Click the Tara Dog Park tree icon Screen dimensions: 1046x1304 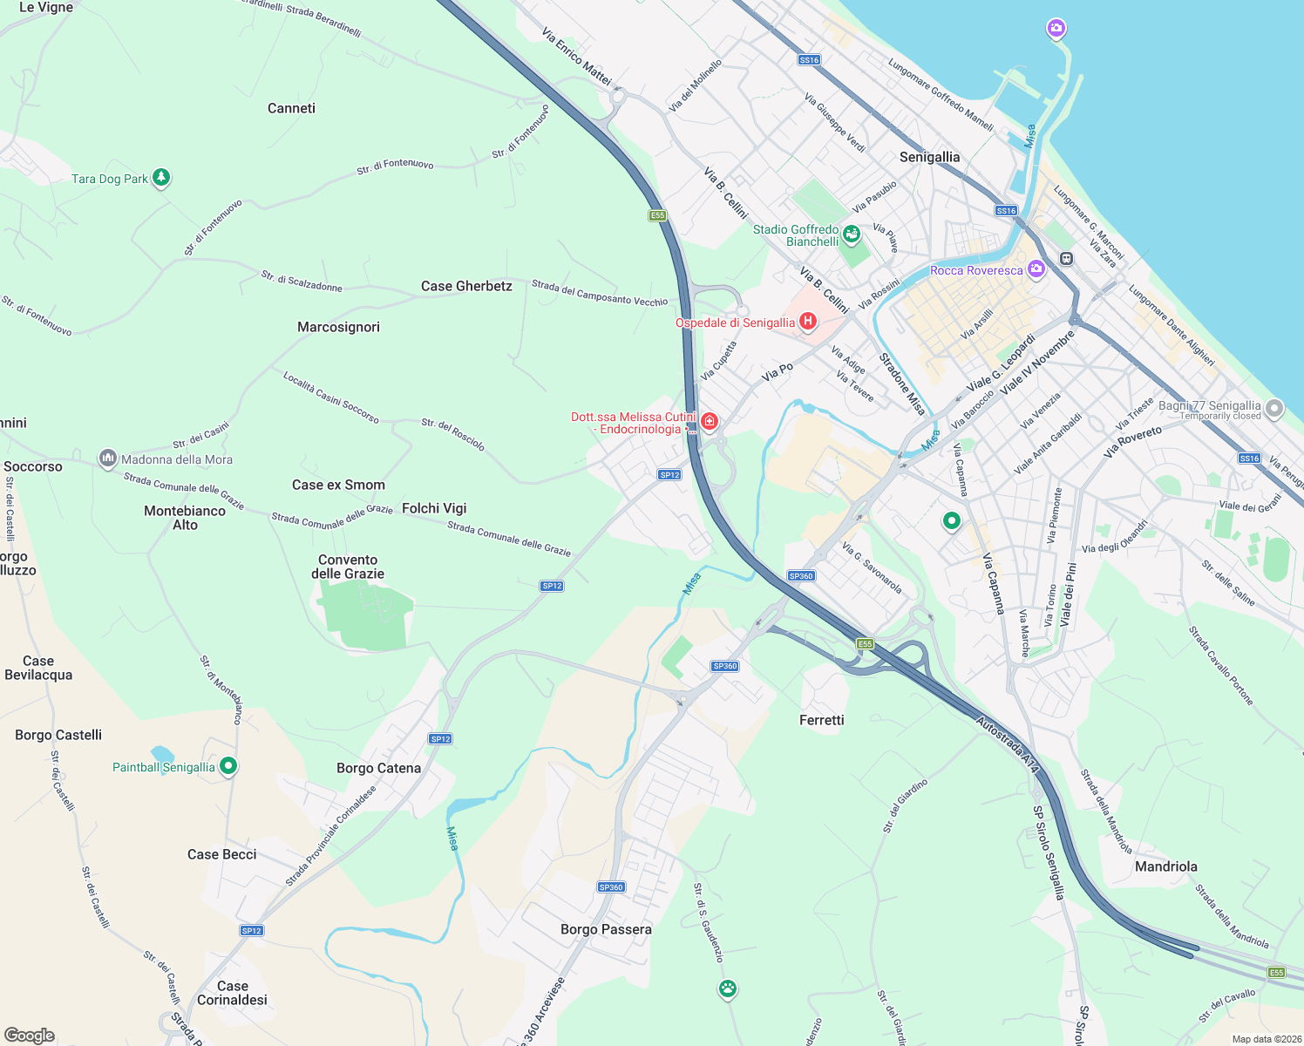coord(161,178)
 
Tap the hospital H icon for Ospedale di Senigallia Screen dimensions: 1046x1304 coord(808,322)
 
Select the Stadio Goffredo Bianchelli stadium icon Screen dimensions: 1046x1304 coord(852,234)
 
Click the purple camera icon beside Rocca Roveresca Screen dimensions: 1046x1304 coord(1036,268)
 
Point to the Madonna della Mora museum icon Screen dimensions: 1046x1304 coord(108,458)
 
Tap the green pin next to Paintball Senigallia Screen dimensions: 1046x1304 coord(228,766)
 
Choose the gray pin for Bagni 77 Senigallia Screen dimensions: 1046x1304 coord(1274,408)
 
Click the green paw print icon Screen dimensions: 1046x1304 coord(728,988)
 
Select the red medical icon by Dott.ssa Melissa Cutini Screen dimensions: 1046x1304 coord(710,423)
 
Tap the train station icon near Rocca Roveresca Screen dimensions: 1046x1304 coord(1066,259)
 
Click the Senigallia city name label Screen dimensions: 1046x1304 coord(929,157)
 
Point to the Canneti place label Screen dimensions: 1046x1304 coord(291,108)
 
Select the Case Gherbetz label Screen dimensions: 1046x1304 coord(466,286)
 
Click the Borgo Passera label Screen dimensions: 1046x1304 coord(606,929)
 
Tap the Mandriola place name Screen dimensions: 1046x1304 coord(1165,866)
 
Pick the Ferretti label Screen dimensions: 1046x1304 coord(821,720)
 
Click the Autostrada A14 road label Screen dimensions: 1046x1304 coord(1008,744)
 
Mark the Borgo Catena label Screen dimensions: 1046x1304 coord(378,768)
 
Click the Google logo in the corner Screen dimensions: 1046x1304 coord(30,1035)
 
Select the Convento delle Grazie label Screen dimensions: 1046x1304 coord(348,567)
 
